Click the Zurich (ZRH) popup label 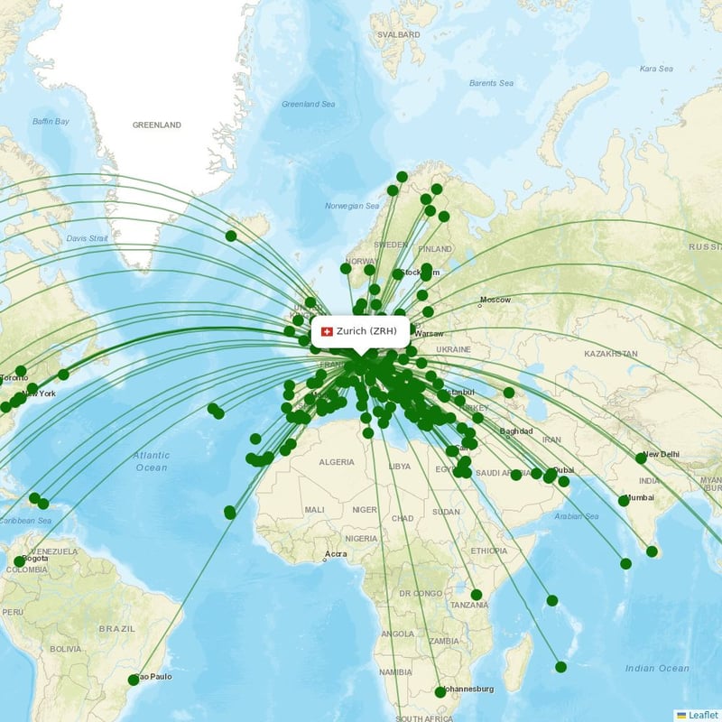coord(365,331)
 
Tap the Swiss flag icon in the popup coord(327,331)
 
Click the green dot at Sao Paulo coord(134,680)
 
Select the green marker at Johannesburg coord(440,692)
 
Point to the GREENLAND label coord(156,125)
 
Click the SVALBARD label coord(398,34)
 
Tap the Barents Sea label coord(491,83)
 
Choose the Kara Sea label coord(656,69)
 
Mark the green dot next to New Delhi coord(641,458)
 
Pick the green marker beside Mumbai coord(624,500)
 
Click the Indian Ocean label coord(656,668)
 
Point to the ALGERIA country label coord(337,461)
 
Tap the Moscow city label coord(495,300)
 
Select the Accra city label coord(336,553)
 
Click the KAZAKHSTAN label coord(611,355)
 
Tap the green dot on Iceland coord(231,236)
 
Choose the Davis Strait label coord(88,238)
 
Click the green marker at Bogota coord(19,561)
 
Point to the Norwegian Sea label coord(352,206)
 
